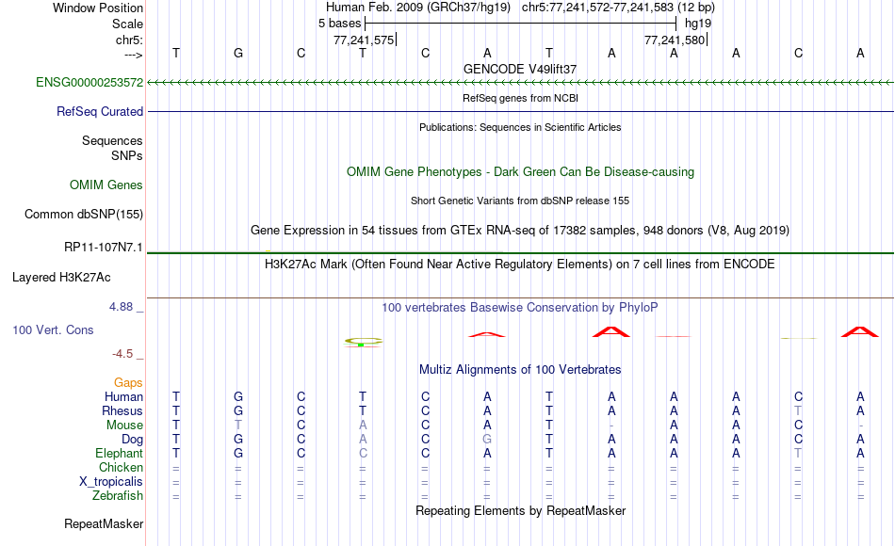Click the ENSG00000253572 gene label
(89, 82)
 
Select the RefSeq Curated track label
(100, 111)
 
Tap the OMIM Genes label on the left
(106, 185)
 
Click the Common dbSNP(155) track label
(84, 214)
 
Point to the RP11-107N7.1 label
(104, 247)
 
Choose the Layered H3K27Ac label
(61, 278)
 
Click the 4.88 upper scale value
(121, 306)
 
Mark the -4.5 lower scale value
(122, 354)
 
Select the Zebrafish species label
(118, 495)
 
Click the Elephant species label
(120, 453)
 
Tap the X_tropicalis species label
(111, 482)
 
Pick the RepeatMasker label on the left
(104, 523)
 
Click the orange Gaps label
(128, 383)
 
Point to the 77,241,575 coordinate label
(364, 40)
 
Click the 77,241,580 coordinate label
(675, 40)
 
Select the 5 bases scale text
(339, 24)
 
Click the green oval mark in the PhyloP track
(363, 341)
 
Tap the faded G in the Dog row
(487, 440)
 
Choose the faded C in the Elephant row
(363, 453)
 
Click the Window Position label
(98, 8)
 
